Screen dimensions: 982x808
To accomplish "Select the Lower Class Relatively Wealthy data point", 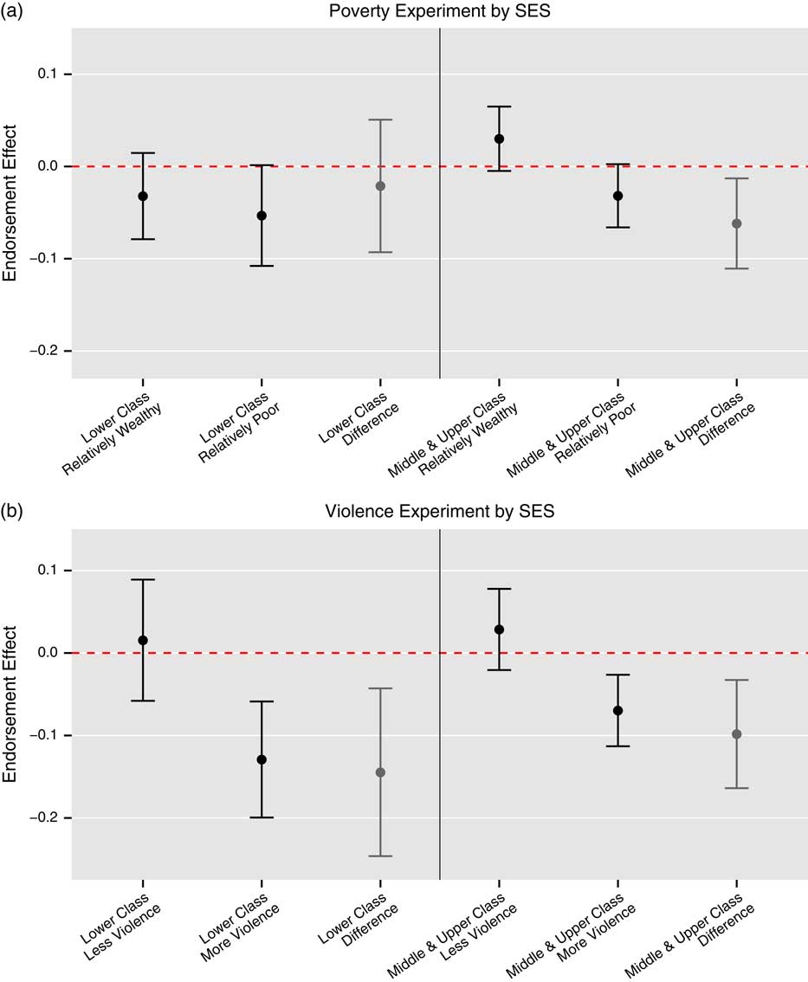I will pyautogui.click(x=143, y=197).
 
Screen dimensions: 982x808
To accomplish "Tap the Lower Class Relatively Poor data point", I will pyautogui.click(x=262, y=216).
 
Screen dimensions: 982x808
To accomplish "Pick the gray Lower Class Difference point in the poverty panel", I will pyautogui.click(x=380, y=186).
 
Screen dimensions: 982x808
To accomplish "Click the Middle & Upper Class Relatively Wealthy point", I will pyautogui.click(x=499, y=139).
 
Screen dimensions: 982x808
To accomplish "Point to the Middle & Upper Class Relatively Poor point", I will pyautogui.click(x=617, y=196).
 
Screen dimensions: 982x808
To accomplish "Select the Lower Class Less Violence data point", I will pyautogui.click(x=143, y=640).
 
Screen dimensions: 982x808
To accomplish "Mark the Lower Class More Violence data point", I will pyautogui.click(x=262, y=759).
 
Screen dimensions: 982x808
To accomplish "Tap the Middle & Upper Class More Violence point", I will pyautogui.click(x=617, y=710).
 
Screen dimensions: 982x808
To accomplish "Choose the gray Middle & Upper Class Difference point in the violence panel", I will pyautogui.click(x=736, y=734).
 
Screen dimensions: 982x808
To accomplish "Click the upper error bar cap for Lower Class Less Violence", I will pyautogui.click(x=143, y=579).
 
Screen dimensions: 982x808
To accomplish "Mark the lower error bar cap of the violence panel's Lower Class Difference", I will pyautogui.click(x=380, y=856).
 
